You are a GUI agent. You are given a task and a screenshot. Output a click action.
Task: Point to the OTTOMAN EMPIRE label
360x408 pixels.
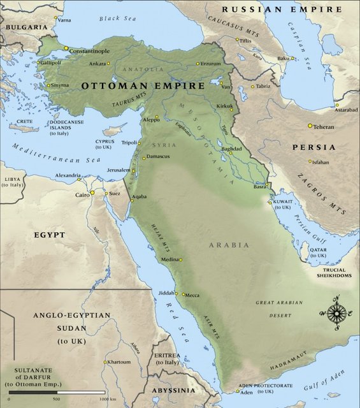[143, 85]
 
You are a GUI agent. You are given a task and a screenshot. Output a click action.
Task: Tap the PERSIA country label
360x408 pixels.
[313, 147]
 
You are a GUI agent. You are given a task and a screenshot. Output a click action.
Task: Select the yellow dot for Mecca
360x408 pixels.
[183, 295]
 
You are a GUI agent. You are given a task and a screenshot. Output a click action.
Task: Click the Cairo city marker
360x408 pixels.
[92, 193]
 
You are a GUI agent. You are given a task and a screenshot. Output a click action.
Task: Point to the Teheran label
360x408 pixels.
[324, 127]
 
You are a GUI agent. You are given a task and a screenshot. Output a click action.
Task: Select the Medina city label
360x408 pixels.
[169, 259]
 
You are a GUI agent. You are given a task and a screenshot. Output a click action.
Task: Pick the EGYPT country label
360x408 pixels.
[49, 235]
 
